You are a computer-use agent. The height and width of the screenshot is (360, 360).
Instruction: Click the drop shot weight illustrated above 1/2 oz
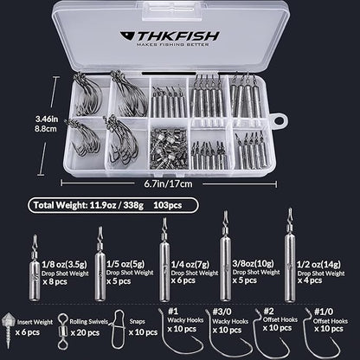click(286, 251)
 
